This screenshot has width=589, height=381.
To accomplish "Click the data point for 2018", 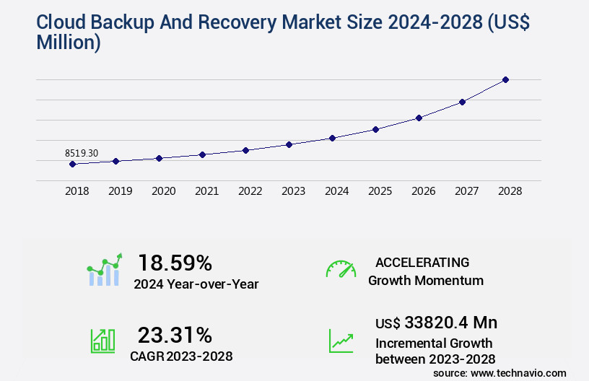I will point(72,164).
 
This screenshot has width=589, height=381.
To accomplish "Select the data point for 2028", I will point(505,79).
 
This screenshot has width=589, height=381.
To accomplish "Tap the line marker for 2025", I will point(375,129).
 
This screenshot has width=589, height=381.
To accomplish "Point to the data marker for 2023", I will point(289,144).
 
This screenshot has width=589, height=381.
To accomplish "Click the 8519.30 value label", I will point(82,153).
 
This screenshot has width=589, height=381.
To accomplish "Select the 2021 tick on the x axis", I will point(206,191).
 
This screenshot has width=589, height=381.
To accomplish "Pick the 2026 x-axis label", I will point(423,191).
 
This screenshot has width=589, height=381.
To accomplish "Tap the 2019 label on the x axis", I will point(120,191).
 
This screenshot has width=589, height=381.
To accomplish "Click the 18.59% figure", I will point(175,262).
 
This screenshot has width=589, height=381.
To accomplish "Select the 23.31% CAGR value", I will point(175,335).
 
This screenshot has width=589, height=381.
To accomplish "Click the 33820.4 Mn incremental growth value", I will point(436,322).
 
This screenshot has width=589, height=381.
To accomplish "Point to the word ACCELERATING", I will point(422,262).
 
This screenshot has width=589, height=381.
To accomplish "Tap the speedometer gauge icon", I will point(341,268).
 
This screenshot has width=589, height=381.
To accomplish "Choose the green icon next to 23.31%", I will point(102,341).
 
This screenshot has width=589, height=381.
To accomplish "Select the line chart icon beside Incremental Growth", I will point(341,341).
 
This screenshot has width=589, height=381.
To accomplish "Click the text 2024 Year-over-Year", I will point(196,284).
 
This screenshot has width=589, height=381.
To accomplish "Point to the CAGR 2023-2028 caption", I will point(181,356).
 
